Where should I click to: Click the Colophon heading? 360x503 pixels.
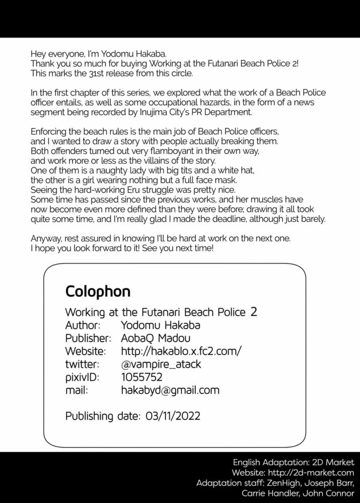98,292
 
